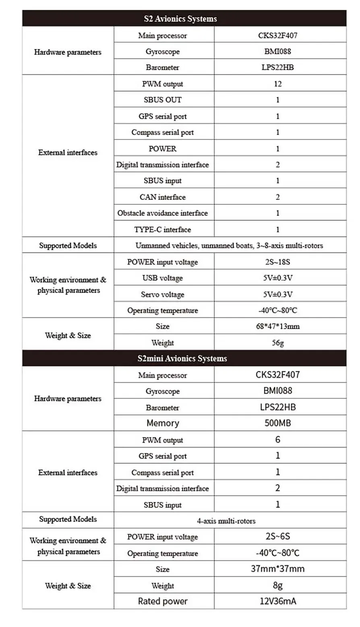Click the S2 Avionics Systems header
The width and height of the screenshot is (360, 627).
[180, 19]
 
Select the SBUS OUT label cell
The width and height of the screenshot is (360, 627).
[163, 100]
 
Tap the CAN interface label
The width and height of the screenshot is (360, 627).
[163, 197]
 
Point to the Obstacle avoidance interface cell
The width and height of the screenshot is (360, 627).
[163, 213]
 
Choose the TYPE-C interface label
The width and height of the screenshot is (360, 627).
[163, 230]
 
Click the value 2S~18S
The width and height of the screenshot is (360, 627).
[277, 262]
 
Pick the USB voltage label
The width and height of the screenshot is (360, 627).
[163, 278]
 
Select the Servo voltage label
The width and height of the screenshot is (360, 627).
[163, 295]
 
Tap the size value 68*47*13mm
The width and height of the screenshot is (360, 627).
[277, 326]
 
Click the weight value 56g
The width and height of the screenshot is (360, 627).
[277, 343]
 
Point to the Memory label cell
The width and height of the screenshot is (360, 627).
[163, 423]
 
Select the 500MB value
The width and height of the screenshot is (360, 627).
[277, 423]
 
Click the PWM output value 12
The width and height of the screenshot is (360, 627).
[277, 84]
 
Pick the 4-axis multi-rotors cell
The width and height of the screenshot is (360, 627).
[226, 521]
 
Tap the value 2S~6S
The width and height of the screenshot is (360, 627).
[277, 536]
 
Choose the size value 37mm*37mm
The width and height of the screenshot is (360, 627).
[277, 569]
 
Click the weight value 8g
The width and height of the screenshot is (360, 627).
[277, 585]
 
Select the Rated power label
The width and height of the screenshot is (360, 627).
[163, 601]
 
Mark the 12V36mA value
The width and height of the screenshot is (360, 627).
[277, 601]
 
